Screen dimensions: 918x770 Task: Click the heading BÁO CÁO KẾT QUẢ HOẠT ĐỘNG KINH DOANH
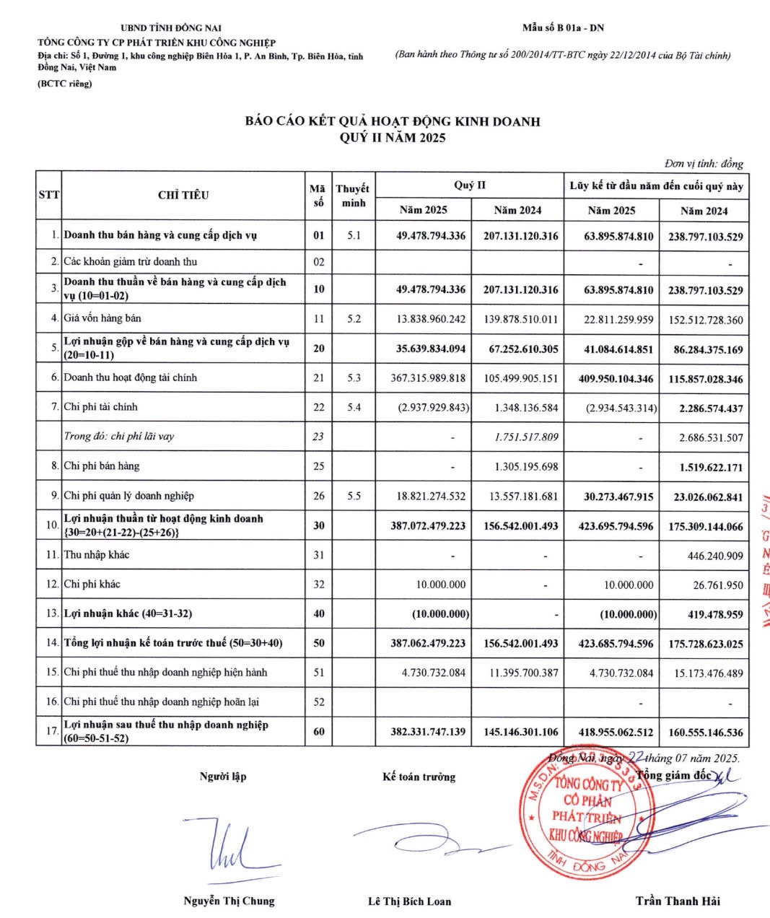pos(393,121)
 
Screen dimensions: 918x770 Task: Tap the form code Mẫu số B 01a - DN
pos(563,28)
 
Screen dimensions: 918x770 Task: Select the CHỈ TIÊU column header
pos(183,195)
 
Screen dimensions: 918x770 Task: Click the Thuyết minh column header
pos(352,196)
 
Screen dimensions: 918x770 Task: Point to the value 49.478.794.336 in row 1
pos(431,236)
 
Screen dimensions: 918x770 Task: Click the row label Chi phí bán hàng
pos(102,466)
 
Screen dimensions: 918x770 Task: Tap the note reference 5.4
pos(354,408)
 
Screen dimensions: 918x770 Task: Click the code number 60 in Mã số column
pos(319,731)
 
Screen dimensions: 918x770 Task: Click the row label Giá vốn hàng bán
pos(102,318)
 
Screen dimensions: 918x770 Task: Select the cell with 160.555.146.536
pos(705,733)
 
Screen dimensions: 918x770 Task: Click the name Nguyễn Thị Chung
pos(229,901)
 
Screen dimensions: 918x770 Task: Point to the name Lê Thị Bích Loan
pos(409,901)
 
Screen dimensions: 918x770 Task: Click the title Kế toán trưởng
pos(419,777)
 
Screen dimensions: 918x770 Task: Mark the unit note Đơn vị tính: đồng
pos(704,164)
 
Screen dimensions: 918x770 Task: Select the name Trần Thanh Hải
pos(678,901)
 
